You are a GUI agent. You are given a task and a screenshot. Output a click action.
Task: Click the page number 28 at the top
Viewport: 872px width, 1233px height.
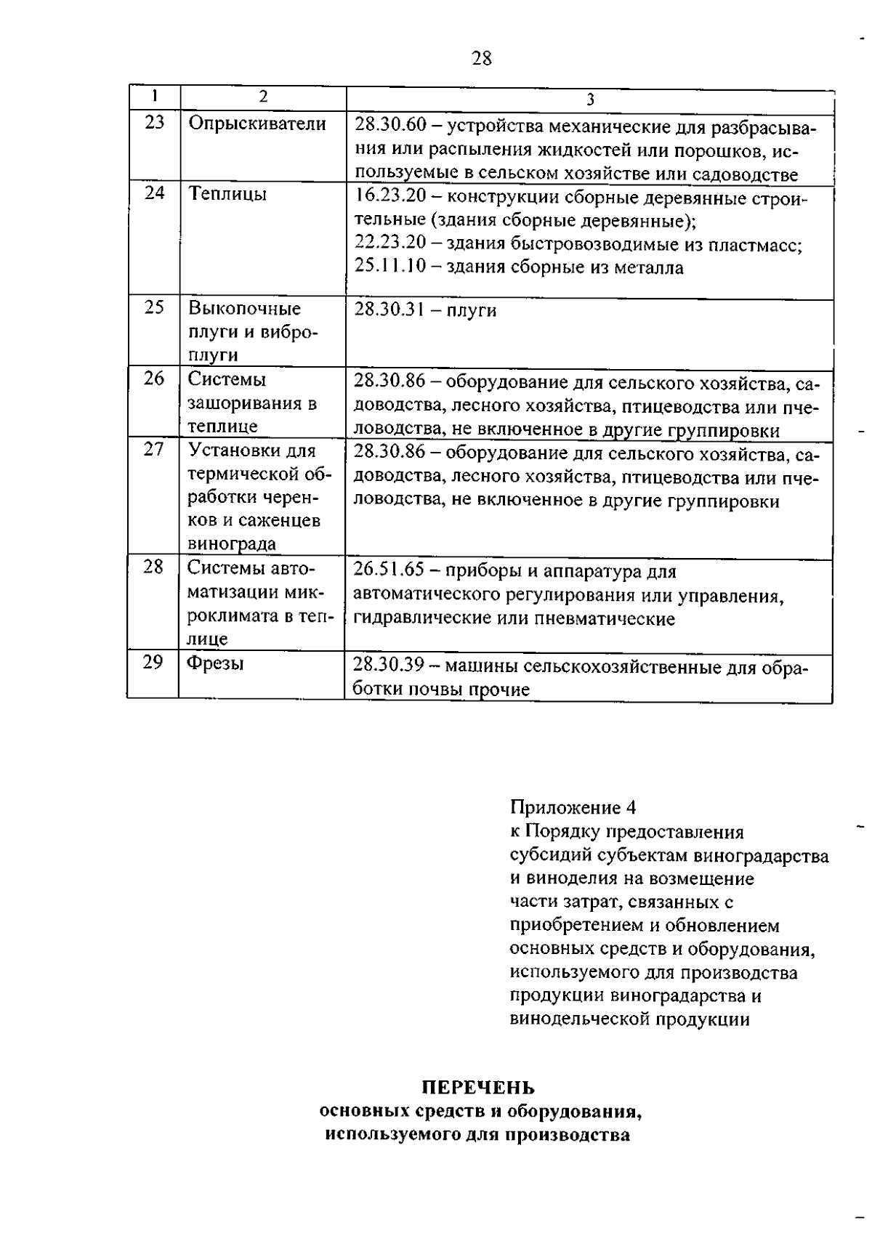coord(482,58)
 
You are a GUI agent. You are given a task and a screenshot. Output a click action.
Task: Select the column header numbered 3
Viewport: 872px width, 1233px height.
coord(590,100)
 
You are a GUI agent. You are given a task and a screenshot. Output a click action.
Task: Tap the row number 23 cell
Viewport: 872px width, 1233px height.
coord(154,122)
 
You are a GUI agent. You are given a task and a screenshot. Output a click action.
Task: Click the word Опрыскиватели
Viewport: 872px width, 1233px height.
coord(257,124)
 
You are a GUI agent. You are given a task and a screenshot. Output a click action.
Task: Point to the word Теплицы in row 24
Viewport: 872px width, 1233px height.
coord(227,194)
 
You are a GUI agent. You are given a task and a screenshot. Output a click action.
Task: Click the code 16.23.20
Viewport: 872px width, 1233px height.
coord(390,197)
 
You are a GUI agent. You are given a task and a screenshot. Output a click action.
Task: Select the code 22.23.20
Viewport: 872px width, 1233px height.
coord(390,243)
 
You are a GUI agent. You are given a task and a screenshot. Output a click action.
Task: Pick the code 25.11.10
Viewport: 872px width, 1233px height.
coord(390,267)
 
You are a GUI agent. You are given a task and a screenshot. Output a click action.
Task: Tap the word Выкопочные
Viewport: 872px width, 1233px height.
coord(244,308)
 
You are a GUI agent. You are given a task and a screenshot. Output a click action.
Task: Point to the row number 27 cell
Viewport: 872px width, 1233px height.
coord(154,449)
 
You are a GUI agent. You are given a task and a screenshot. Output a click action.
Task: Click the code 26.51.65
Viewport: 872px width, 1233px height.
coord(389,570)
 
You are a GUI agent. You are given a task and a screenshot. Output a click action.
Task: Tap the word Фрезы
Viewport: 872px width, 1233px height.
coord(215,663)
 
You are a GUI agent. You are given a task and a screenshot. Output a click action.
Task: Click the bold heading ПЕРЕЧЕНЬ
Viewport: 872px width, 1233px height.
coord(478,1088)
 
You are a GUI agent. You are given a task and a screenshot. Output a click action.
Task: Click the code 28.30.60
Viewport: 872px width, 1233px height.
coord(390,126)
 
